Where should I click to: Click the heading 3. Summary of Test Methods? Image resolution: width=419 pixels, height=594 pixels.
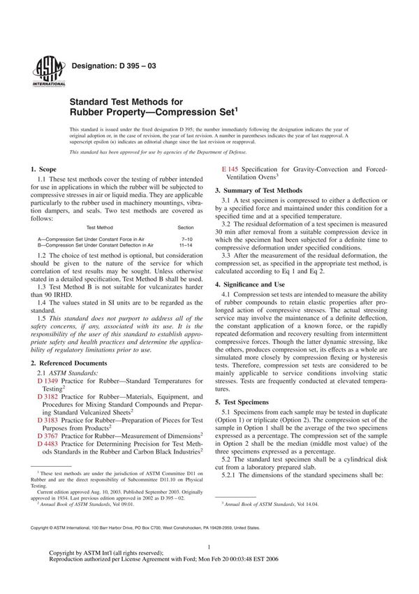(258, 190)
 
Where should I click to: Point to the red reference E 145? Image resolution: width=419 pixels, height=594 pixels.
(230, 169)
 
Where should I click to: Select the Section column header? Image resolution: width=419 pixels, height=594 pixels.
(186, 227)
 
